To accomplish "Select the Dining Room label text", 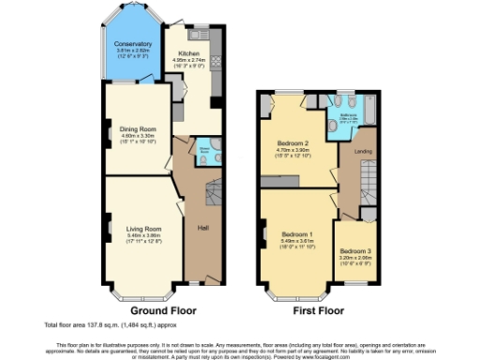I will tap(136, 128).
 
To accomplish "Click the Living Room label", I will tap(139, 228).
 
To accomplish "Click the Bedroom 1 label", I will tap(296, 233).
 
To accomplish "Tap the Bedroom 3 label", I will tap(355, 250).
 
